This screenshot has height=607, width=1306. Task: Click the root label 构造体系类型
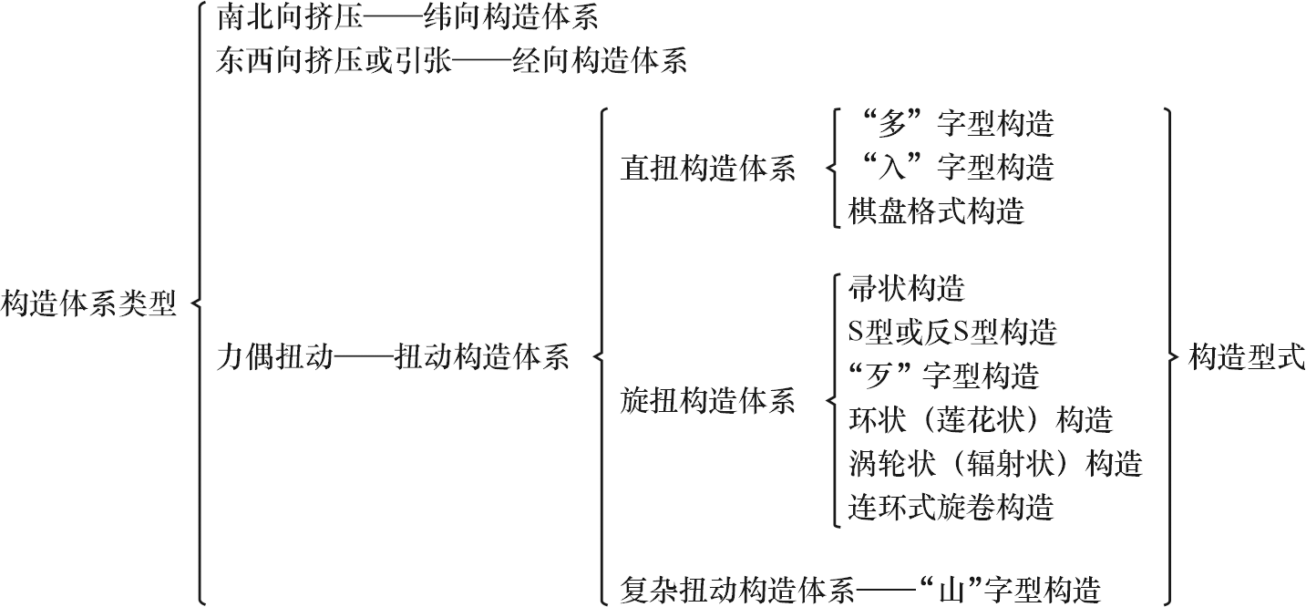click(x=88, y=303)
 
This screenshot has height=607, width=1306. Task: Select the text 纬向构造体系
click(x=510, y=17)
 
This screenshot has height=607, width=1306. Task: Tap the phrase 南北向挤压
click(x=290, y=17)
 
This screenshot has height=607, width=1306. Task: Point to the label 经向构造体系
click(x=600, y=61)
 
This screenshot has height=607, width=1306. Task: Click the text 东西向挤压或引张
click(x=334, y=61)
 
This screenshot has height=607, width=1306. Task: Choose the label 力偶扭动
click(x=274, y=357)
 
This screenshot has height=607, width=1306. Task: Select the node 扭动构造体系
click(x=481, y=357)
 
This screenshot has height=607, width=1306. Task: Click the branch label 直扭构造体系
click(x=708, y=170)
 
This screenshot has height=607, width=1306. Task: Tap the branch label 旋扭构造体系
click(x=708, y=401)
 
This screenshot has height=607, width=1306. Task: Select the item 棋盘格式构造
click(x=936, y=211)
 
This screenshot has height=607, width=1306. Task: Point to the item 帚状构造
click(x=907, y=289)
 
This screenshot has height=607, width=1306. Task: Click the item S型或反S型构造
click(x=952, y=333)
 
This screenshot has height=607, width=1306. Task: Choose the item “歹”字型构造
click(x=944, y=376)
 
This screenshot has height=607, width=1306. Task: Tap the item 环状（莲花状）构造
click(x=981, y=420)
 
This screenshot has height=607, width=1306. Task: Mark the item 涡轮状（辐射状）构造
click(x=995, y=464)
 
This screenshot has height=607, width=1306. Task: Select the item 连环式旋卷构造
click(x=951, y=507)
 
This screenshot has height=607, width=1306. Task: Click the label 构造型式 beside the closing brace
click(x=1247, y=357)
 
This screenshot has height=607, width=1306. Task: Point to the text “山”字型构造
click(x=1007, y=590)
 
